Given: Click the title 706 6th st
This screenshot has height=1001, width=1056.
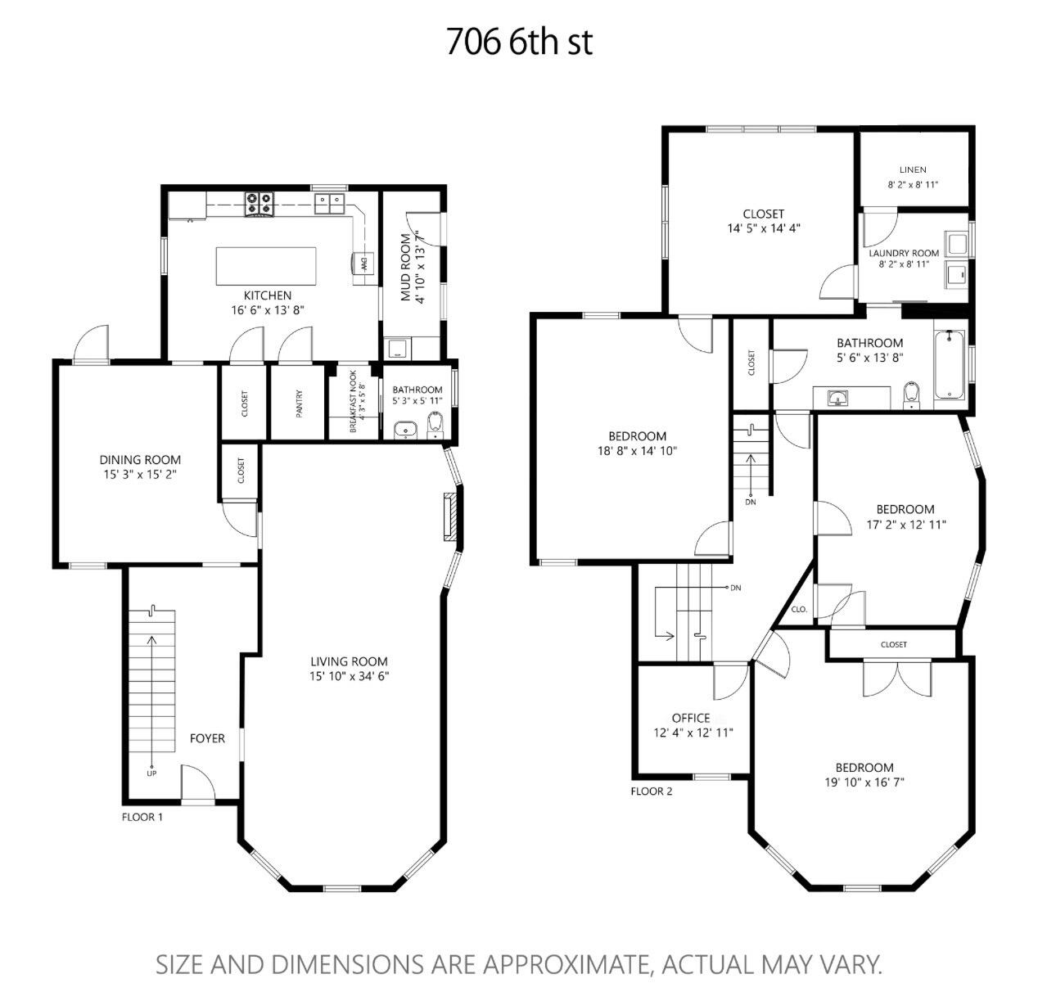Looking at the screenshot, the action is coord(519,42).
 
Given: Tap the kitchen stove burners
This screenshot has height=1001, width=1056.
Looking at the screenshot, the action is coord(259,204).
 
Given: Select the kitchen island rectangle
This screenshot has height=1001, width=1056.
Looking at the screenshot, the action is coord(266,266).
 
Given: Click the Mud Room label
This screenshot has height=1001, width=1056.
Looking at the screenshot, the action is coord(405,267).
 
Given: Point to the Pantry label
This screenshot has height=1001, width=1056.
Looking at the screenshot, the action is coord(299,403).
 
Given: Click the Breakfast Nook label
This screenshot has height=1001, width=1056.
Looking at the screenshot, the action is coord(353,401).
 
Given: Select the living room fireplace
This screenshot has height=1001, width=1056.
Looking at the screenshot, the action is coord(449,516).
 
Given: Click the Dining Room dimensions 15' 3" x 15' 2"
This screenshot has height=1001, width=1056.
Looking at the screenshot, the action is coord(140,474).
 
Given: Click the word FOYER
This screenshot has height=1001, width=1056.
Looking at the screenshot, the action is coord(207,738).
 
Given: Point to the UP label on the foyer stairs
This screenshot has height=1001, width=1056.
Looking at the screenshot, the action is coord(151,773).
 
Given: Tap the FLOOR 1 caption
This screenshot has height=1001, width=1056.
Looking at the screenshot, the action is coord(142,817).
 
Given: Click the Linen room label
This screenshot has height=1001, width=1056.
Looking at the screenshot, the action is coord(913,169).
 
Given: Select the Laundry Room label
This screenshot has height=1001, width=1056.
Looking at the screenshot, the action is coord(904,253).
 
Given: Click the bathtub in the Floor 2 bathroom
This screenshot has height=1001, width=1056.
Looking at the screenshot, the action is coord(950,365).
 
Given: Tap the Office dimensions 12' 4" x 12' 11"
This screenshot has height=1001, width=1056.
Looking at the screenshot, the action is coord(693,733).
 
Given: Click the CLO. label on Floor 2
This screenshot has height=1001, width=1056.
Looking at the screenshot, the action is coord(799,610).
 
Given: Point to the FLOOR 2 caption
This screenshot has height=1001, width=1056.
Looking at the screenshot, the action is coord(652,791).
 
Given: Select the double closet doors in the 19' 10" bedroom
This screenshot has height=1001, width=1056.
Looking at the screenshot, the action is coord(896,679).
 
